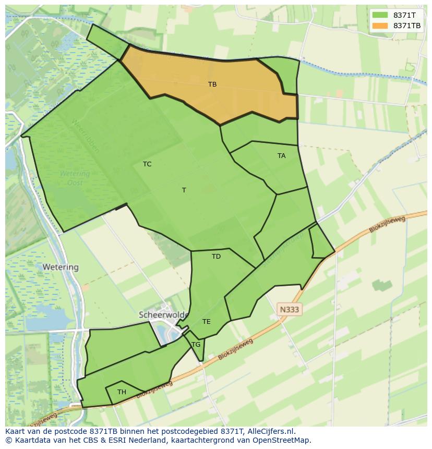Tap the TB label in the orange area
click(212, 84)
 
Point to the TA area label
click(281, 156)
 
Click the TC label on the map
click(147, 164)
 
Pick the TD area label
click(216, 257)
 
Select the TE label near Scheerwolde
click(206, 322)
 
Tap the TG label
click(196, 345)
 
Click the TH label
click(122, 392)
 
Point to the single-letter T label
click(184, 190)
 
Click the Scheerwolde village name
click(162, 315)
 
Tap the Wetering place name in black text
click(61, 267)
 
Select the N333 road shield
click(289, 310)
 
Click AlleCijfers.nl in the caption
click(271, 431)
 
